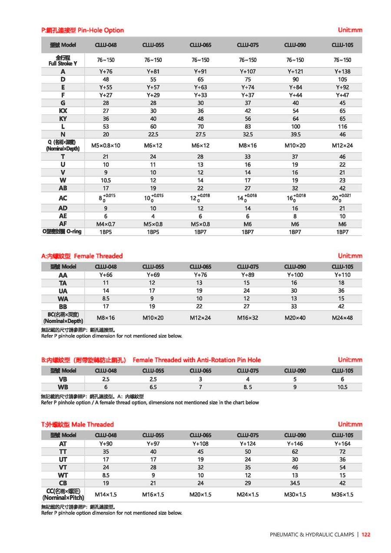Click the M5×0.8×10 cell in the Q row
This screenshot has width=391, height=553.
[106, 145]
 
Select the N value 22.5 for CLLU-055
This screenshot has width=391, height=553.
[153, 134]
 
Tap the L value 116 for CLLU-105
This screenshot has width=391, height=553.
[342, 126]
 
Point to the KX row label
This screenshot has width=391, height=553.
[63, 111]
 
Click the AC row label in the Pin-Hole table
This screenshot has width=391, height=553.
[63, 198]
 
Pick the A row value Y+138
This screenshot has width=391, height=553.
[342, 71]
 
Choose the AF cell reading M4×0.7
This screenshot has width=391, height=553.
[106, 224]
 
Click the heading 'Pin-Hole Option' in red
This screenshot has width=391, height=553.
[100, 30]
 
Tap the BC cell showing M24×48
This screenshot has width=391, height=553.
[342, 318]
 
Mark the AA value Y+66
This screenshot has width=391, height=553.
[106, 275]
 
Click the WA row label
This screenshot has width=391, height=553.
[63, 298]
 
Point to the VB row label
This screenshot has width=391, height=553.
[63, 379]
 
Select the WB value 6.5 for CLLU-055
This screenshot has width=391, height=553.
[153, 387]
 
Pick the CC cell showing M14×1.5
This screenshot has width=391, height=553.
[106, 494]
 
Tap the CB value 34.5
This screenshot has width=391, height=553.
[295, 483]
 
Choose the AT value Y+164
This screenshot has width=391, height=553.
[342, 444]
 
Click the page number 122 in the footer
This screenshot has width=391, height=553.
[366, 535]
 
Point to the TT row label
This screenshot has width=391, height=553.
[63, 452]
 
